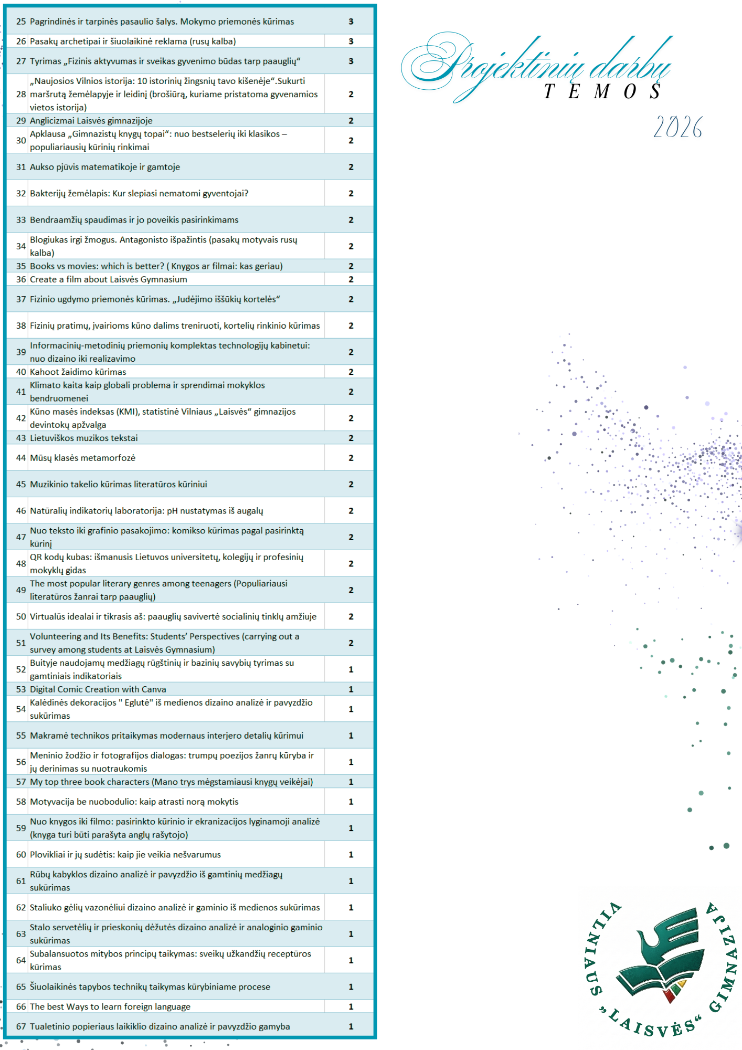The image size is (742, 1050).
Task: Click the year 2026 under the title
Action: tap(677, 128)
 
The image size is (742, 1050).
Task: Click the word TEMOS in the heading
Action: tap(602, 92)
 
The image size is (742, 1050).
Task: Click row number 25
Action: tap(21, 22)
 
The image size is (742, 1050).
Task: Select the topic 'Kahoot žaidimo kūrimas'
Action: tap(78, 372)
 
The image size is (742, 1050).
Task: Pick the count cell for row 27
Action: tap(351, 61)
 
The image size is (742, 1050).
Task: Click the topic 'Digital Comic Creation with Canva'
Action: tap(98, 689)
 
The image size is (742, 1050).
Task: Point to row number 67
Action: tap(21, 1026)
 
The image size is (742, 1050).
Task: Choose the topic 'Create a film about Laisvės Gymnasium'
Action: tap(109, 279)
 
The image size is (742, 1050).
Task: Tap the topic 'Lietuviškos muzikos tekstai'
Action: tap(84, 438)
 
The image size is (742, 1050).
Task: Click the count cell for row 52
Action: tap(351, 669)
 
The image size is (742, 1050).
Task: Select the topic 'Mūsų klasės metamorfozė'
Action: tap(83, 458)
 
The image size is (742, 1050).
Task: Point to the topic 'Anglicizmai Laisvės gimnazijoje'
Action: tap(91, 121)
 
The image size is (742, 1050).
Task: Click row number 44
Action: tap(21, 458)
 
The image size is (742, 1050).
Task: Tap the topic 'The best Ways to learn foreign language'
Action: tap(110, 1006)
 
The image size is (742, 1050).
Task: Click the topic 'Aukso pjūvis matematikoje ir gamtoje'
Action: tap(105, 167)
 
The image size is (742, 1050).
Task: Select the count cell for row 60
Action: tap(351, 855)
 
